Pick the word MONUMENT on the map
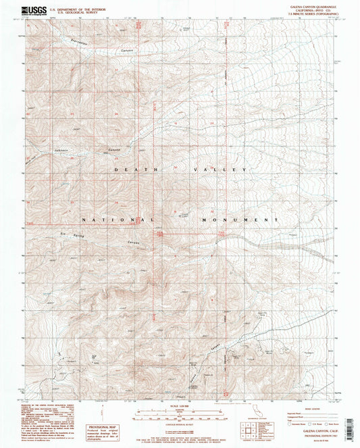(x=240, y=220)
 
